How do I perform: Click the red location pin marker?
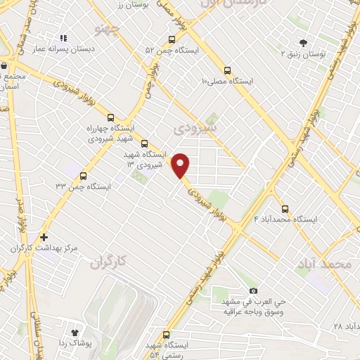pos(181,165)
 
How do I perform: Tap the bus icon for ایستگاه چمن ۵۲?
pos(172,39)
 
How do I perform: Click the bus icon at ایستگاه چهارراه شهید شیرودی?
pos(110,117)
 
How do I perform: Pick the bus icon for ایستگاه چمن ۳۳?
pos(84,176)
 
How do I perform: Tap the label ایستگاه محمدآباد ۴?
pos(286,219)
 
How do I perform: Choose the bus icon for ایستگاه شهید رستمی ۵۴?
pos(167,335)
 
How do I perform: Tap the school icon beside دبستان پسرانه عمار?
pos(63,39)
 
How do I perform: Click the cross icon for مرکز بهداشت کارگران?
pos(44,238)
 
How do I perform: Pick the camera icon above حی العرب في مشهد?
pos(253,290)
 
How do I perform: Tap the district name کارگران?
pos(111,262)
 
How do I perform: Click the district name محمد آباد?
pos(324,264)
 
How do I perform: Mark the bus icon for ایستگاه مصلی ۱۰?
pos(226,70)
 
